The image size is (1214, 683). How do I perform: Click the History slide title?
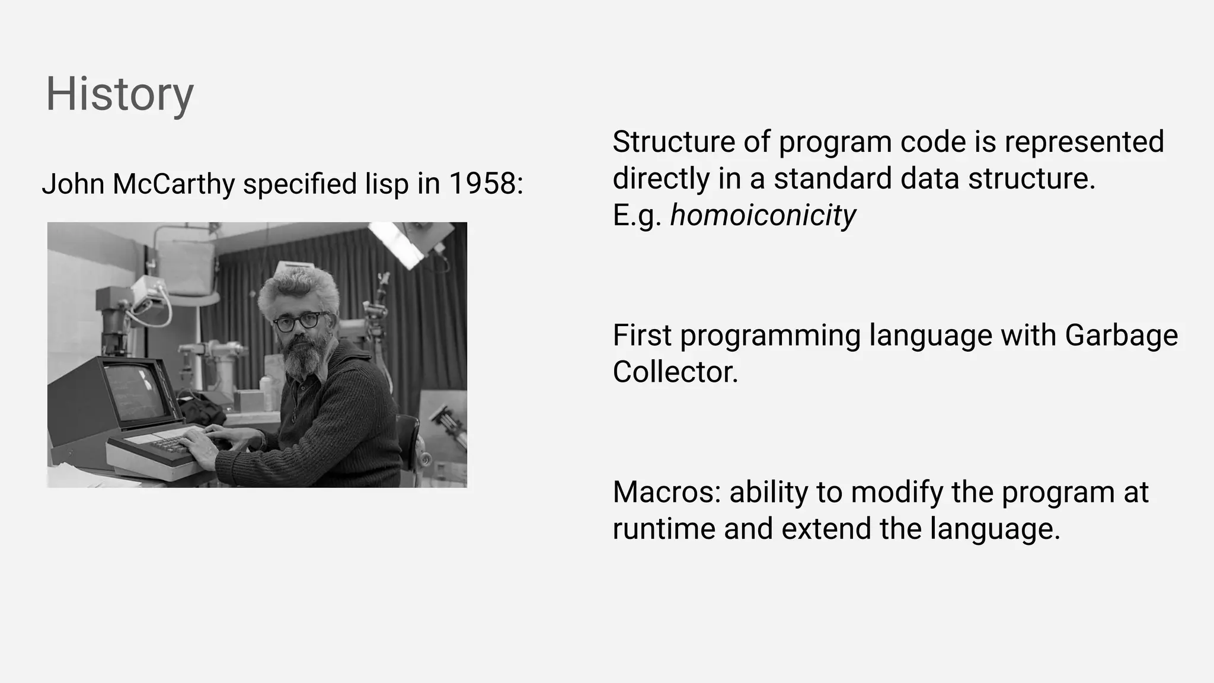[x=119, y=94]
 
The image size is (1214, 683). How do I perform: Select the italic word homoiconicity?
[x=762, y=215]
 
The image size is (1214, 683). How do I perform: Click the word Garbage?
[x=1121, y=335]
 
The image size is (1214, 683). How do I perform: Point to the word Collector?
[x=675, y=372]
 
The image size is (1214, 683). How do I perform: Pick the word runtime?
[x=663, y=528]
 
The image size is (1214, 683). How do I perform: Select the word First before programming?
[x=641, y=335]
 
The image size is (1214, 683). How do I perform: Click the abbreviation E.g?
[x=636, y=215]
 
